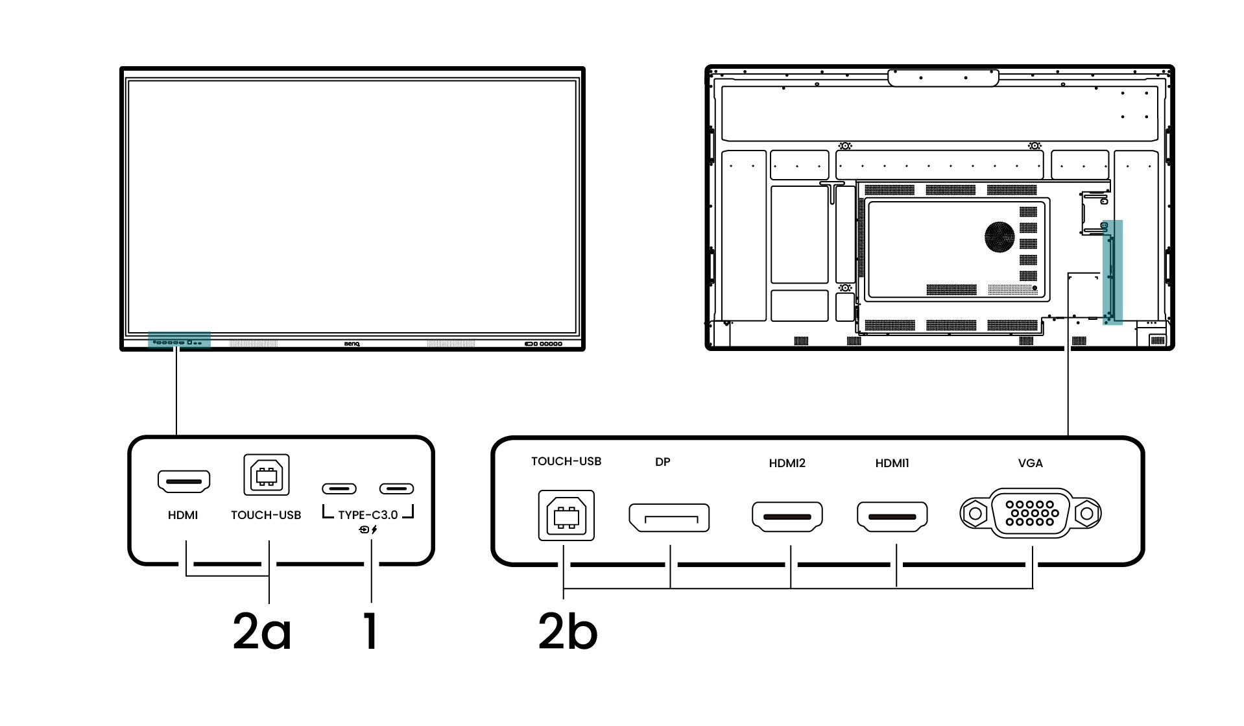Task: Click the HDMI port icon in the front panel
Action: point(184,481)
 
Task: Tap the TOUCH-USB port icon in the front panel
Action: point(266,475)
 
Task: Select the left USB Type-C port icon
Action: point(339,489)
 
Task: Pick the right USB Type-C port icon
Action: point(397,489)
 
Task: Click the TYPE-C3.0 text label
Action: point(368,515)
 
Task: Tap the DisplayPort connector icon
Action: point(669,518)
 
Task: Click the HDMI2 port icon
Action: point(787,516)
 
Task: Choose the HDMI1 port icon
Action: point(892,516)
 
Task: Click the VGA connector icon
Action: point(1031,513)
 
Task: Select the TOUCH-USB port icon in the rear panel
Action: point(566,515)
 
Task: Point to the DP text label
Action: point(662,463)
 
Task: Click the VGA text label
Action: point(1031,463)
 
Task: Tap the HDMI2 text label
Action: point(787,463)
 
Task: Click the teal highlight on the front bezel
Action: point(179,339)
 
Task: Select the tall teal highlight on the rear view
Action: point(1112,272)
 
